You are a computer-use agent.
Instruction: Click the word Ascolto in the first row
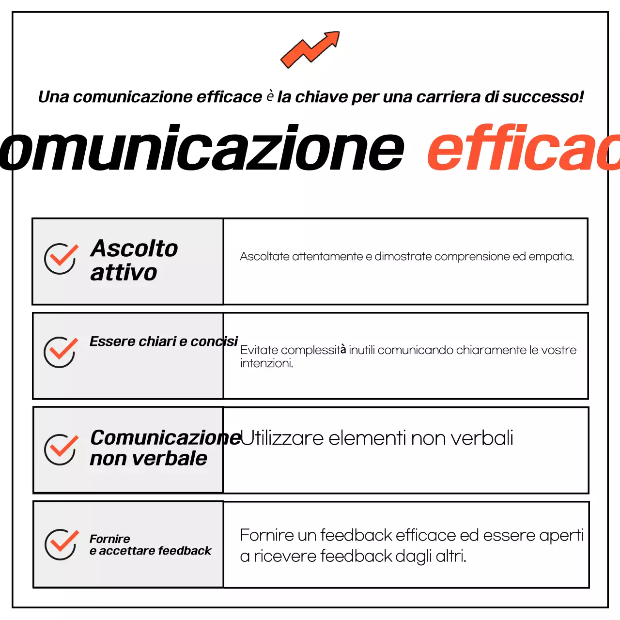134,248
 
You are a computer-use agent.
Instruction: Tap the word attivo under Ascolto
124,273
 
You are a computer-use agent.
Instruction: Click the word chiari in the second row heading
157,341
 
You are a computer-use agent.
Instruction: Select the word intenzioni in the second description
266,363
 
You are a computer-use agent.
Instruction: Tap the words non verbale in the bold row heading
148,459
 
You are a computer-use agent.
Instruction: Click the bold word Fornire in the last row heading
109,539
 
